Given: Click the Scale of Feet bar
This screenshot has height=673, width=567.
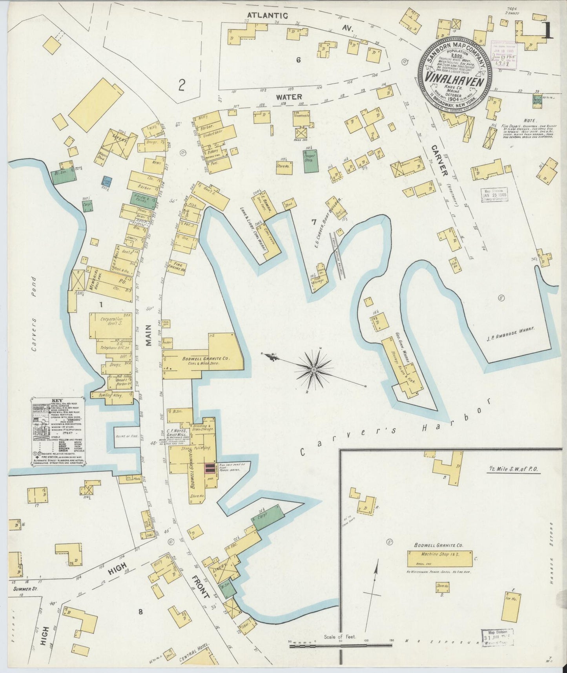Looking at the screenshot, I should tap(340, 644).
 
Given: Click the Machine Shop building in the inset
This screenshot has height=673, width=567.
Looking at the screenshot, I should tap(439, 557).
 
